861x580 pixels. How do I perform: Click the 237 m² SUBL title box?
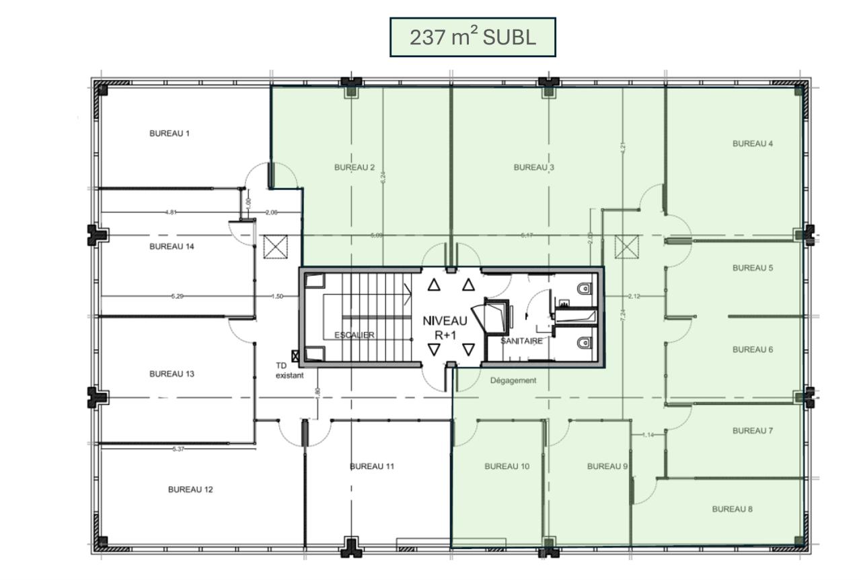(x=473, y=37)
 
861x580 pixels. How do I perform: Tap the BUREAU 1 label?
(x=170, y=133)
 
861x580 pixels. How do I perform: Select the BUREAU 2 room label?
(x=354, y=168)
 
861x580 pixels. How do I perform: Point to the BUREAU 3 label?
(x=534, y=168)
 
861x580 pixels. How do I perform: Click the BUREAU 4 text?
(x=753, y=143)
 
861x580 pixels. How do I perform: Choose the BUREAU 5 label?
(x=753, y=268)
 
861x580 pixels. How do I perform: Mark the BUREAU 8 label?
(x=733, y=509)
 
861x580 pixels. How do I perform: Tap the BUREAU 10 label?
(x=507, y=466)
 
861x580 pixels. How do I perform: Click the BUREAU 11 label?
(x=372, y=466)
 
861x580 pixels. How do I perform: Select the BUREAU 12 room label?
(x=190, y=489)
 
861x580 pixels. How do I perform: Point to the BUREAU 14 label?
(x=172, y=247)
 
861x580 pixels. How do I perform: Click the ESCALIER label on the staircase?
(x=354, y=335)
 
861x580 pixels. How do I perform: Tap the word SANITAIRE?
(x=521, y=341)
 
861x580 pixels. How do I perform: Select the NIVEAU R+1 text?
(x=445, y=328)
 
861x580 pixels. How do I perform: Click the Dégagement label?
(x=513, y=380)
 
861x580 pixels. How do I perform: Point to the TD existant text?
(x=290, y=371)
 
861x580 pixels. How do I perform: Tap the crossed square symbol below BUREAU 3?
(x=626, y=247)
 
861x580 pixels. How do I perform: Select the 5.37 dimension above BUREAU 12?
(x=178, y=449)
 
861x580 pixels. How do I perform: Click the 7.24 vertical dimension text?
(x=624, y=314)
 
